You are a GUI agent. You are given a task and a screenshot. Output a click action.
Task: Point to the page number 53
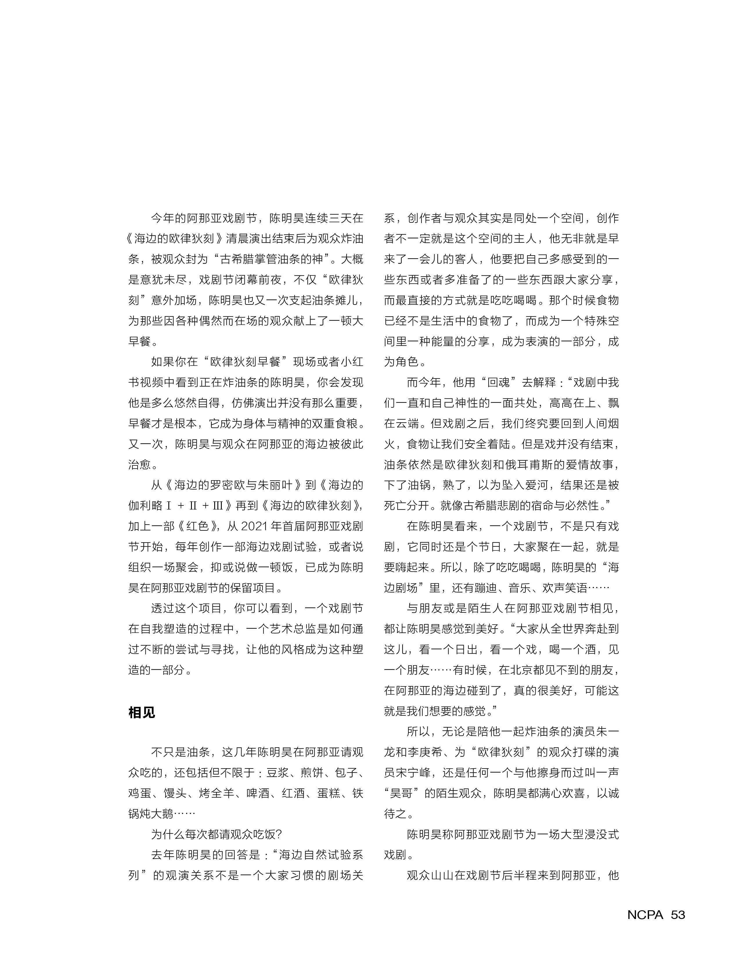[x=678, y=914]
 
